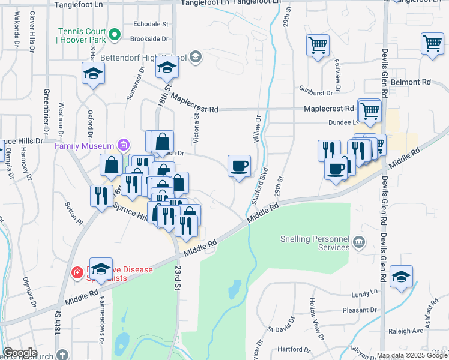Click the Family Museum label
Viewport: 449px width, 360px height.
85,146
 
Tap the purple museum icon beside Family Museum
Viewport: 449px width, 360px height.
124,145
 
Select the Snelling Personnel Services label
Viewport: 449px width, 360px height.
315,243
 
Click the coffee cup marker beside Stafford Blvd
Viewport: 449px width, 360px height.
239,165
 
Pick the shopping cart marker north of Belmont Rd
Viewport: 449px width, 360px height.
432,44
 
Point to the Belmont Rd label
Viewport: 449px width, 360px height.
411,81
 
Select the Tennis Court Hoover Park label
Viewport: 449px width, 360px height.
81,36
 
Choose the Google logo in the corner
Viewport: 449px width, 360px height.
20,353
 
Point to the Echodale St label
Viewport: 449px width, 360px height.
151,25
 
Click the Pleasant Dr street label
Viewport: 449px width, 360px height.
360,310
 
